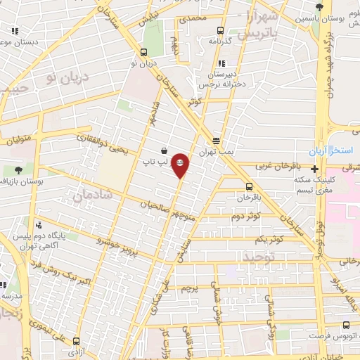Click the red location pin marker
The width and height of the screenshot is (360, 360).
pos(181,164)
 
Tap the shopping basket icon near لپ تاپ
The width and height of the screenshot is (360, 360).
pos(164,150)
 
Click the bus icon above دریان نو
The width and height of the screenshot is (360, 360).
pos(144,51)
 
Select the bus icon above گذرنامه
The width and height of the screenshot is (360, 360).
pos(221,30)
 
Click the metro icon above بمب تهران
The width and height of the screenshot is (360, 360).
pos(217,141)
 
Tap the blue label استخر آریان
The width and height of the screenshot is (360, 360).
pos(330,153)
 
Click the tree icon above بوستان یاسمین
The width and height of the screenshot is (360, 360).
pos(320,6)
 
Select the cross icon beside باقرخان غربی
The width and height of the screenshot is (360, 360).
pos(314,169)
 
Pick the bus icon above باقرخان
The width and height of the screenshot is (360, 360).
pos(249,186)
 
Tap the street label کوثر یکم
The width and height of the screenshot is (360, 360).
pos(270,239)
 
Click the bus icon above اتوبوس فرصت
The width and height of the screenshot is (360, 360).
pos(345,325)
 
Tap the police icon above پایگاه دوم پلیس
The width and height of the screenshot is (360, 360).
pos(38,225)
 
